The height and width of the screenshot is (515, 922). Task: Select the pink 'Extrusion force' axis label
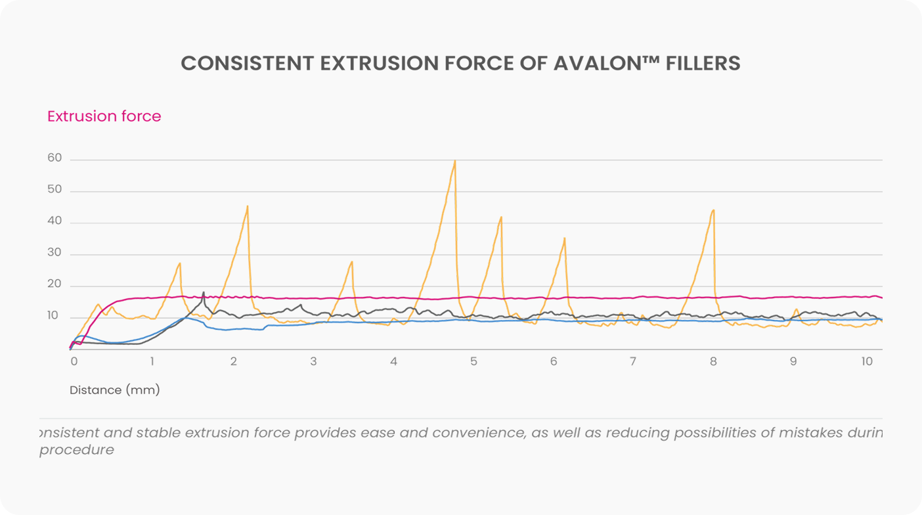(x=104, y=116)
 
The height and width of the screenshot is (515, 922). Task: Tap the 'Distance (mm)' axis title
(x=115, y=390)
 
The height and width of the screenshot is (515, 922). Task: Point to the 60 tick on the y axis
(x=55, y=158)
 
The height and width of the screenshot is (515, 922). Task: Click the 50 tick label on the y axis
(x=55, y=190)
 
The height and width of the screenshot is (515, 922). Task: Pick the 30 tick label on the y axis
(x=55, y=253)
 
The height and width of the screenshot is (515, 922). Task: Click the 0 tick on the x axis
(x=74, y=361)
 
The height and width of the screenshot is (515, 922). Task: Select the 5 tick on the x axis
(x=473, y=361)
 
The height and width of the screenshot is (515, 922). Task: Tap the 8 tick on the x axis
(x=713, y=361)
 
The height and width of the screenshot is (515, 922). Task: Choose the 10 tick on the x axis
(x=867, y=361)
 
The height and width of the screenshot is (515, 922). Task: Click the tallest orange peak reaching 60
(x=454, y=162)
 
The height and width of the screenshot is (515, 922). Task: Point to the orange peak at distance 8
(x=713, y=211)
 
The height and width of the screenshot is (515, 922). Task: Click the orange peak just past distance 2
(x=248, y=207)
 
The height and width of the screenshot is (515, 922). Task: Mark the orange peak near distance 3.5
(x=352, y=262)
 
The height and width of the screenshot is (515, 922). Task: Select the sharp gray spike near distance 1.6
(x=204, y=293)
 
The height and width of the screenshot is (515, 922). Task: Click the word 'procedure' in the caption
(x=77, y=450)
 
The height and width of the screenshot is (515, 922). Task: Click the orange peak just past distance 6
(x=564, y=238)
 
